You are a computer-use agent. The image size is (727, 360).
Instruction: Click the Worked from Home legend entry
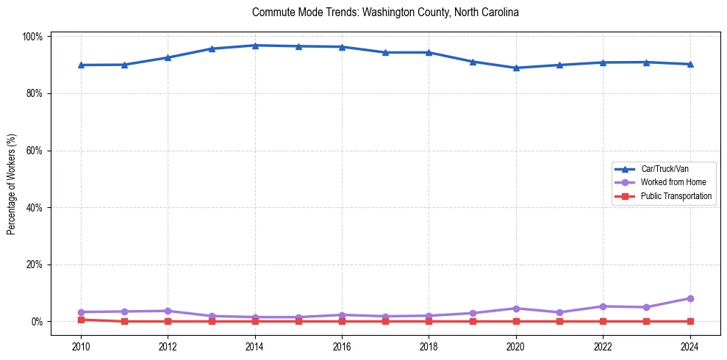point(669,182)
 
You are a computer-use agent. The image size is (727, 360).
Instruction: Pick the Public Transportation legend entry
point(676,196)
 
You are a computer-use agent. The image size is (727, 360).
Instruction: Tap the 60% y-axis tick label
point(35,151)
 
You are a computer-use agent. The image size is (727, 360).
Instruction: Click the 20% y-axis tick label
point(35,264)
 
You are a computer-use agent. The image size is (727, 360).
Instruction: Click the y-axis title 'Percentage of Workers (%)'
point(12,184)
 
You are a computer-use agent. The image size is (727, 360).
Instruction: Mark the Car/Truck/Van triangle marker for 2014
point(255,46)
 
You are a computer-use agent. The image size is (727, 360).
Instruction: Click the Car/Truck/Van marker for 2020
point(516,68)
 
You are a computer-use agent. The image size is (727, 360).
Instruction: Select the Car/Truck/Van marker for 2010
point(81,65)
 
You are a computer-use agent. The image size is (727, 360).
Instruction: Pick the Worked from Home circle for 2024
point(690,298)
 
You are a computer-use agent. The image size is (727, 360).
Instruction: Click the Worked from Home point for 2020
point(516,309)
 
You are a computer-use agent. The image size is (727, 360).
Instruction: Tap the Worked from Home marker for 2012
point(168,311)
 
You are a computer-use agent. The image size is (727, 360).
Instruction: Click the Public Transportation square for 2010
point(81,320)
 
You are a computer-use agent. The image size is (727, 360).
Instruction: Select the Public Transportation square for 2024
point(690,321)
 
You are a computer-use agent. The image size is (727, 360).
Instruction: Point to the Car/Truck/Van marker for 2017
point(385,52)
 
